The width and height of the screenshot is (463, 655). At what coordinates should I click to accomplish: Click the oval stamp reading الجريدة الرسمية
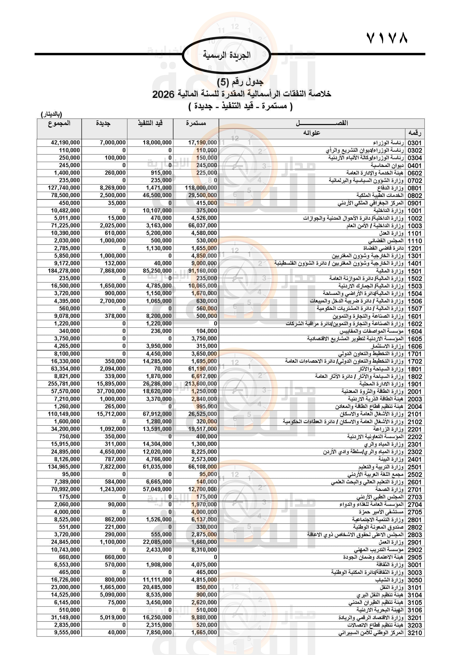tap(226, 55)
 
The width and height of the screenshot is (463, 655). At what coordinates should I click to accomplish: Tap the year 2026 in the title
tap(163, 94)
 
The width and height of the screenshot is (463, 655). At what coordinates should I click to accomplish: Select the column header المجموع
tap(59, 123)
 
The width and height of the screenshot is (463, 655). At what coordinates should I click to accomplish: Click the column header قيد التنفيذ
tap(150, 123)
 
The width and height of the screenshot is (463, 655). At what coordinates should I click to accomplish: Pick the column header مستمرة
tap(196, 123)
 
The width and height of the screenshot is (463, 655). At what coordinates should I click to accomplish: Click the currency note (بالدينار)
tap(51, 115)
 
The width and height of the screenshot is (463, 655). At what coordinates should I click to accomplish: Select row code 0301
tap(414, 143)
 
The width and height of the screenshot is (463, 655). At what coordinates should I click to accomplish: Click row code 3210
tap(414, 633)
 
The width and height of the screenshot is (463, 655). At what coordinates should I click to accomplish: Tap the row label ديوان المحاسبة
tap(387, 165)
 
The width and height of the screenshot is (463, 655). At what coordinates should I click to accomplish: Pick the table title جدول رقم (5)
tap(240, 82)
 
